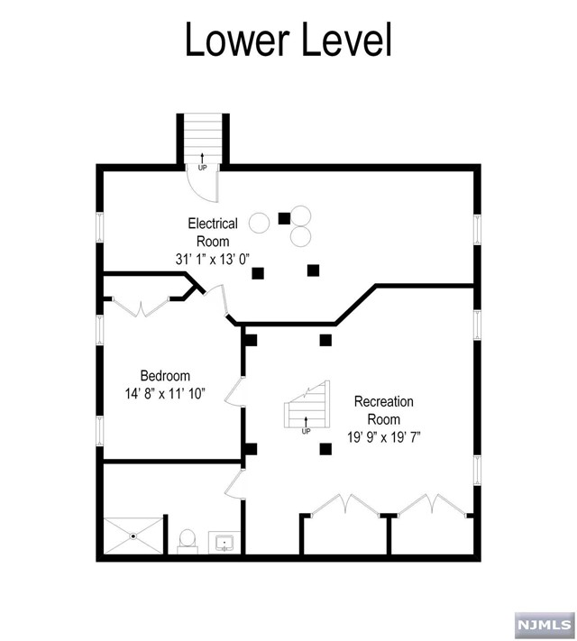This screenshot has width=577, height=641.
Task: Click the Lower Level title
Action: (288, 41)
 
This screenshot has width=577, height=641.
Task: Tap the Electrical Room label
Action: (213, 232)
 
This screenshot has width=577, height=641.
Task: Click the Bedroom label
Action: (165, 376)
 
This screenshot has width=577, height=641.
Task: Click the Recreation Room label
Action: (383, 410)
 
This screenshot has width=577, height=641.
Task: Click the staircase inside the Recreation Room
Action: (307, 410)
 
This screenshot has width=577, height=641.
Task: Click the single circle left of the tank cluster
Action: (260, 222)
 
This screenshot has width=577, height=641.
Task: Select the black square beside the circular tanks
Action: (284, 217)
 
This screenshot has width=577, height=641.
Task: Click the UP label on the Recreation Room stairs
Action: (306, 431)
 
